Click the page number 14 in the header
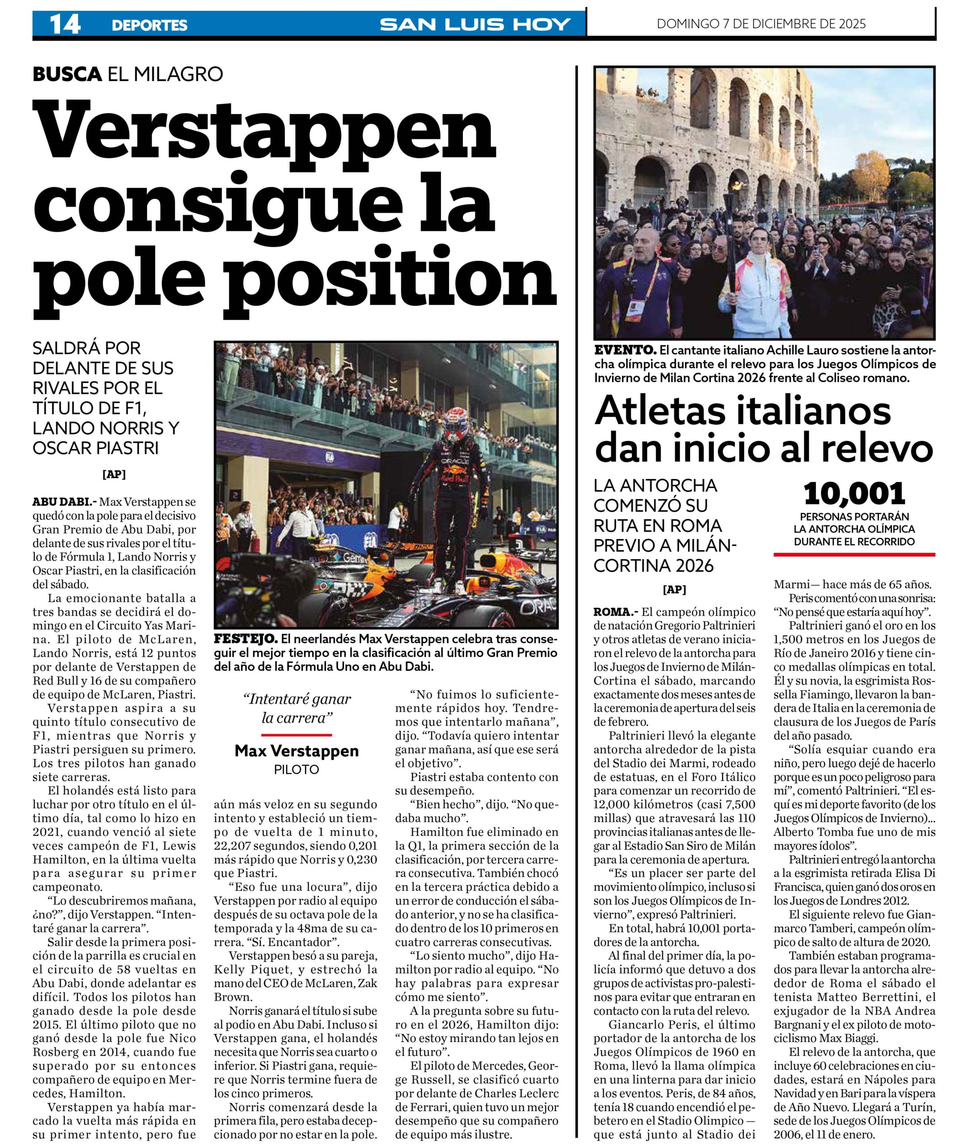point(64,24)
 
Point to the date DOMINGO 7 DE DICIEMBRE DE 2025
point(761,24)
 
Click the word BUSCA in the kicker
point(67,74)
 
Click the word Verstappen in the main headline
point(264,132)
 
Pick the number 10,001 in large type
point(854,494)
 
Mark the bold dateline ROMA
point(616,611)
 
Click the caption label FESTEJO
point(245,639)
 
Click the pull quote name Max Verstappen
point(297,751)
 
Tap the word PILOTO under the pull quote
point(297,770)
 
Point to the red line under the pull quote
point(297,734)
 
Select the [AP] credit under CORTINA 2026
point(674,589)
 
